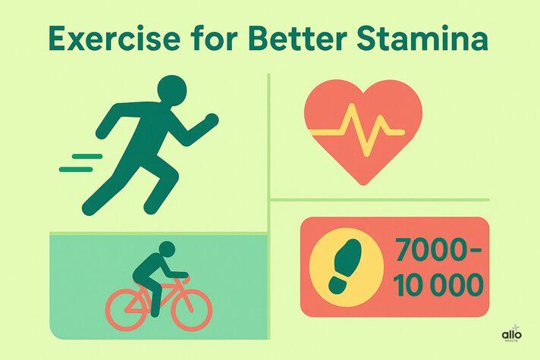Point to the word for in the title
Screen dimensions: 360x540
click(211, 39)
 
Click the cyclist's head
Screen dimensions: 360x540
click(166, 249)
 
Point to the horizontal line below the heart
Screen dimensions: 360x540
click(379, 200)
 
